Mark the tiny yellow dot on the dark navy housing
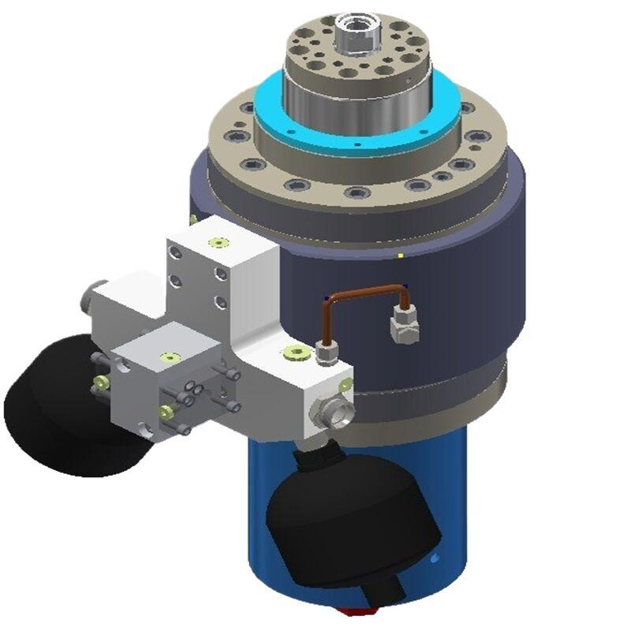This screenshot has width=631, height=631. point(401,256)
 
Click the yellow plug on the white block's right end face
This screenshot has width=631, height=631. point(344,384)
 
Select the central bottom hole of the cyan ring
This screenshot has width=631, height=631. point(357,145)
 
